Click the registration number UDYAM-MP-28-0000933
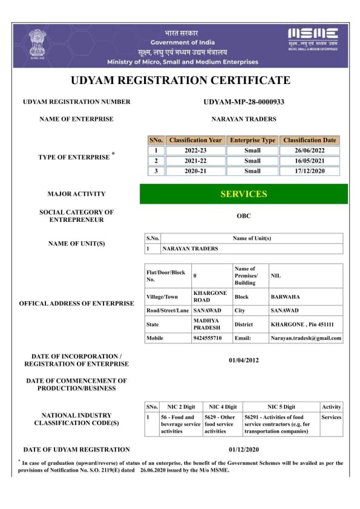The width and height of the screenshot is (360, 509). (244, 102)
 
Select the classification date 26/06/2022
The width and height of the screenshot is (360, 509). (310, 151)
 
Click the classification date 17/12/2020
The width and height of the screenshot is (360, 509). (310, 171)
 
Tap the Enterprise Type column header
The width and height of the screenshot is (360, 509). (252, 140)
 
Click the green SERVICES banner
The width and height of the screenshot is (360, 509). (244, 194)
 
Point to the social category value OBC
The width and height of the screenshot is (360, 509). (244, 216)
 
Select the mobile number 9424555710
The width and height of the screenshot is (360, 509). (207, 338)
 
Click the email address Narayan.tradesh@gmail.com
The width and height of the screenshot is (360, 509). (306, 338)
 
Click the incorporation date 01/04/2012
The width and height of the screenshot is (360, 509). (244, 360)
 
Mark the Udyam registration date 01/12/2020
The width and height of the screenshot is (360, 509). (244, 450)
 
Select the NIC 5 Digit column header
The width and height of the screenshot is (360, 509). (281, 407)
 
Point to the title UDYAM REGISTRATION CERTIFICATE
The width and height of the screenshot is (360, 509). (180, 80)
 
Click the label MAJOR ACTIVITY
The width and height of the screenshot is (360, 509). (76, 194)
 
